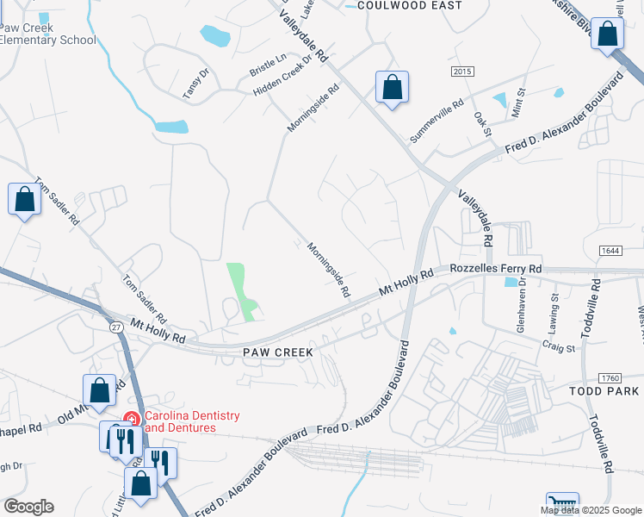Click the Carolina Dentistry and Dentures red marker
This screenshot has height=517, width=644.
[x=132, y=419]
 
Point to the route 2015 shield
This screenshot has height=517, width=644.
[x=463, y=71]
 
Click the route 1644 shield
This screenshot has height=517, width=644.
[x=612, y=250]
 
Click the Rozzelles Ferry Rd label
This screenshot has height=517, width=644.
[x=496, y=269]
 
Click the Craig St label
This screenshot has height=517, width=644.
[x=558, y=346]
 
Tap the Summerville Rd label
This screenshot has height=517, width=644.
[x=437, y=121]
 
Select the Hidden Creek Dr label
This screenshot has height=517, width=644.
[x=282, y=79]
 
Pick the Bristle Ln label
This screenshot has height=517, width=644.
[x=268, y=64]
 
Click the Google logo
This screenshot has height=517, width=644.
[x=28, y=507]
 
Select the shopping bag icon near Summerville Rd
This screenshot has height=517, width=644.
[x=392, y=87]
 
